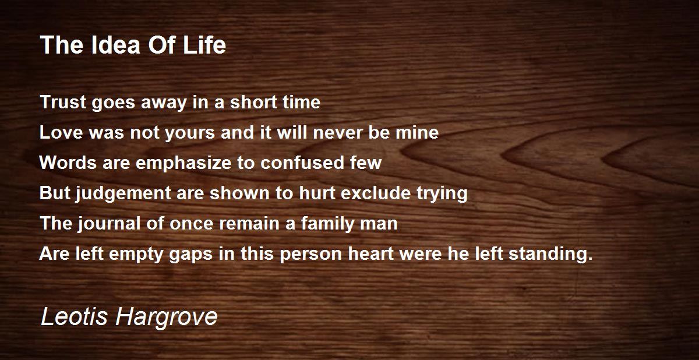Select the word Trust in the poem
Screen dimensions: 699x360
click(x=63, y=102)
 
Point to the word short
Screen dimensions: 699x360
click(x=253, y=102)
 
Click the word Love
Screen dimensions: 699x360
click(x=61, y=132)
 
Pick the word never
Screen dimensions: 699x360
click(x=337, y=133)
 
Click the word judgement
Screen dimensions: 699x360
click(x=123, y=193)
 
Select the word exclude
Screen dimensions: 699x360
click(x=376, y=193)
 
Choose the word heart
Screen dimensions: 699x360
click(x=370, y=253)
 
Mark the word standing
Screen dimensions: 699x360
click(x=550, y=254)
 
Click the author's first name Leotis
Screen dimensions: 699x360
click(x=75, y=317)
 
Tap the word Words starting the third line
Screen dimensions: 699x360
click(x=68, y=163)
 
